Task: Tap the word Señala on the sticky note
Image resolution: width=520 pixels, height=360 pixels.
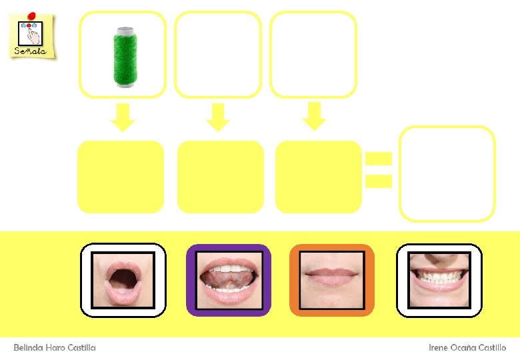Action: click(x=30, y=51)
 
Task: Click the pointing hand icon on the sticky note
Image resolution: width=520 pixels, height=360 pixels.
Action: click(x=33, y=34)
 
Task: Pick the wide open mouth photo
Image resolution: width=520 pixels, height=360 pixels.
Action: click(x=123, y=279)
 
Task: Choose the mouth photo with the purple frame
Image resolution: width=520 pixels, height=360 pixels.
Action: click(x=228, y=280)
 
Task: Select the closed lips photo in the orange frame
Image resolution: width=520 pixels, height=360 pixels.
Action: click(x=332, y=280)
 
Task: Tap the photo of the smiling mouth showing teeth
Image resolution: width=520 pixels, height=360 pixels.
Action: click(x=439, y=280)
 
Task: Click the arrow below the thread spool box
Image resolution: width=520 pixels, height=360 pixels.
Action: click(x=123, y=117)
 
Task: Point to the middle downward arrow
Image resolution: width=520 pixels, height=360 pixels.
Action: click(x=218, y=117)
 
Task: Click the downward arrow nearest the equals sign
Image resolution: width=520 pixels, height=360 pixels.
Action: click(x=313, y=117)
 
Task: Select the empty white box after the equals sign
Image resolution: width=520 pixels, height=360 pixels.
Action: click(x=447, y=174)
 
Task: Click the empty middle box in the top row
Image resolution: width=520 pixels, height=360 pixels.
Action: click(x=218, y=55)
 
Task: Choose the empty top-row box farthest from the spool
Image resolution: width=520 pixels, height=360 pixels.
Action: click(x=313, y=55)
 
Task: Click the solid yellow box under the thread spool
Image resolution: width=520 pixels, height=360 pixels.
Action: click(x=121, y=177)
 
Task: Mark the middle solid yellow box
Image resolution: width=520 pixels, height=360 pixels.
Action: click(x=221, y=177)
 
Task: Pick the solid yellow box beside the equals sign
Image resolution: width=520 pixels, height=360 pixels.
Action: click(x=319, y=177)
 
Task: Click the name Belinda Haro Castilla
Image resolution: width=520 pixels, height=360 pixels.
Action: click(x=55, y=348)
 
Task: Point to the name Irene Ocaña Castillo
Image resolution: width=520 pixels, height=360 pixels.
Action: click(x=467, y=348)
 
